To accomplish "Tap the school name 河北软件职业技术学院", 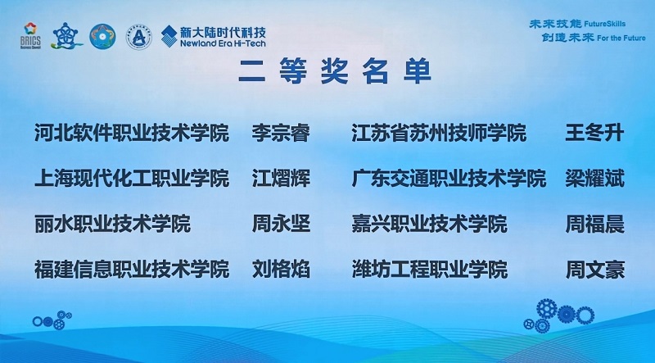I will click(131, 134).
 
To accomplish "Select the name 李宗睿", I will click(281, 134).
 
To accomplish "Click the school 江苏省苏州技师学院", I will click(439, 134).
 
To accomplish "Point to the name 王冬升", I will click(594, 134).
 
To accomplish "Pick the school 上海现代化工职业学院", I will click(131, 179).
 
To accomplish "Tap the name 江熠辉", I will click(281, 179).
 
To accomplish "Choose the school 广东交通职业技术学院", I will click(449, 179).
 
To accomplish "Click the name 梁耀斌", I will click(594, 179).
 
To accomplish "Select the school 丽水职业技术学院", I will click(112, 223).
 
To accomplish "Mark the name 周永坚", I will click(281, 223).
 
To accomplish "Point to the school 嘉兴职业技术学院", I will click(429, 223).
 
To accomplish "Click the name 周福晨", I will click(594, 223).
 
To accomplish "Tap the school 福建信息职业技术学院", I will click(131, 268).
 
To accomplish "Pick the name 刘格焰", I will click(281, 268).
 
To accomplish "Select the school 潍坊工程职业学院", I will click(429, 268).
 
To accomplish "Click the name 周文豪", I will click(594, 268).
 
